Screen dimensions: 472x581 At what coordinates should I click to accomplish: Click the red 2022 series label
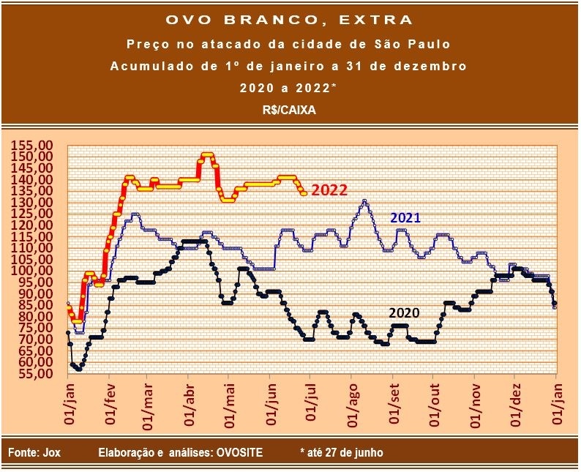coord(329,190)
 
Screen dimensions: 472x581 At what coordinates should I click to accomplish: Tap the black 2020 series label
coord(403,312)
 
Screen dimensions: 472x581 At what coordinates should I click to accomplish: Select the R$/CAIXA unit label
coord(289,108)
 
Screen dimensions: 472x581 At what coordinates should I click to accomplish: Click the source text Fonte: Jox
coord(34,453)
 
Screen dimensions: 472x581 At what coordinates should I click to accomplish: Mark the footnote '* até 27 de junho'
coord(341,453)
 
